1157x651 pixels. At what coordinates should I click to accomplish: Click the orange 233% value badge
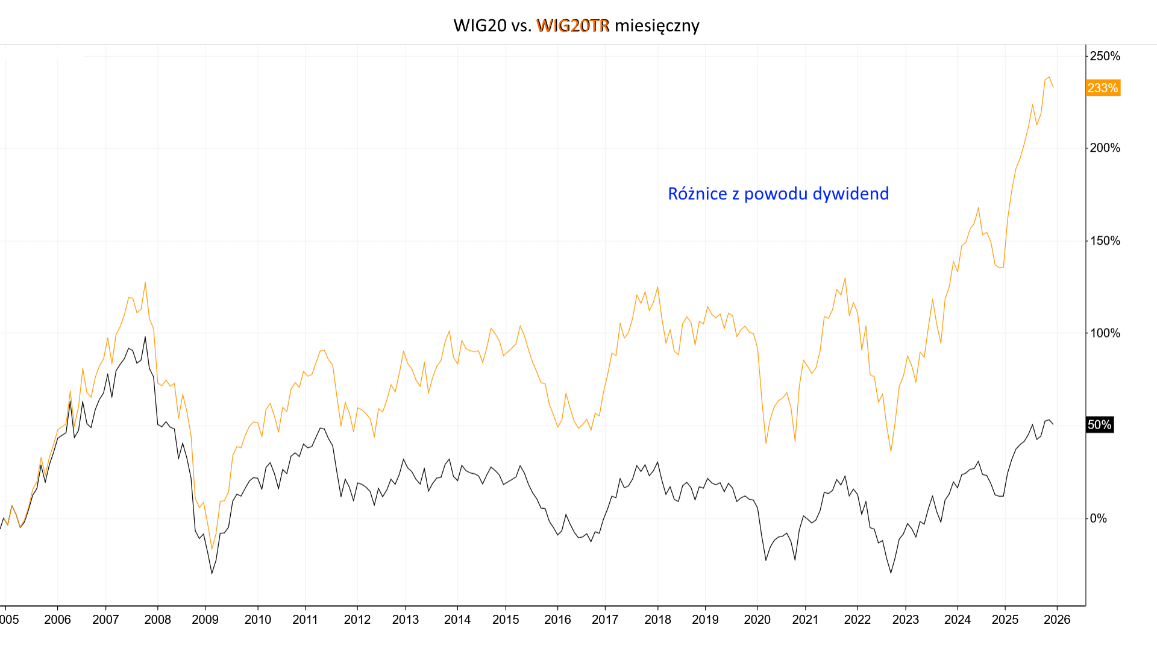1102,88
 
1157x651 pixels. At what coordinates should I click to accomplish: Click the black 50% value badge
1099,425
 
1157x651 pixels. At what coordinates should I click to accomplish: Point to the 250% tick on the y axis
1105,56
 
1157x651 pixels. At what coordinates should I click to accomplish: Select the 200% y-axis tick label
1105,148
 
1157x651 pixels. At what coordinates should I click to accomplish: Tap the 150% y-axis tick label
1105,241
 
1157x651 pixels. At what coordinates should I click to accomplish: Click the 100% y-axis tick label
1105,333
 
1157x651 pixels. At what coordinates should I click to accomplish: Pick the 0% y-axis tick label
1098,518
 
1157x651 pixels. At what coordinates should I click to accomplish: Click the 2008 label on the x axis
157,620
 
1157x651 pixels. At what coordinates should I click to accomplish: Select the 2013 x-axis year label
406,620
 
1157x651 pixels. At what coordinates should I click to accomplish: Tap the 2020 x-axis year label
757,620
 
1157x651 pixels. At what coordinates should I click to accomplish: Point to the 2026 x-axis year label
1057,620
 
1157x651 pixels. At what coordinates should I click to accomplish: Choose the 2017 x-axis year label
605,620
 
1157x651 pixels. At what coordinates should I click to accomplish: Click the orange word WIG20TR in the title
572,25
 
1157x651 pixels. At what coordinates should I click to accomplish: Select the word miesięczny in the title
657,25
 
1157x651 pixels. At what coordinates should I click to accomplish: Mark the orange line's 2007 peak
145,283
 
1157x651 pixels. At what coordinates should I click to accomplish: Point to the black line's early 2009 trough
212,573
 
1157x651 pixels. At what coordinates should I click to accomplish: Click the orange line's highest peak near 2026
1049,77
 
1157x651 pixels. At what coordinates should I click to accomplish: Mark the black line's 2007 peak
145,337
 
